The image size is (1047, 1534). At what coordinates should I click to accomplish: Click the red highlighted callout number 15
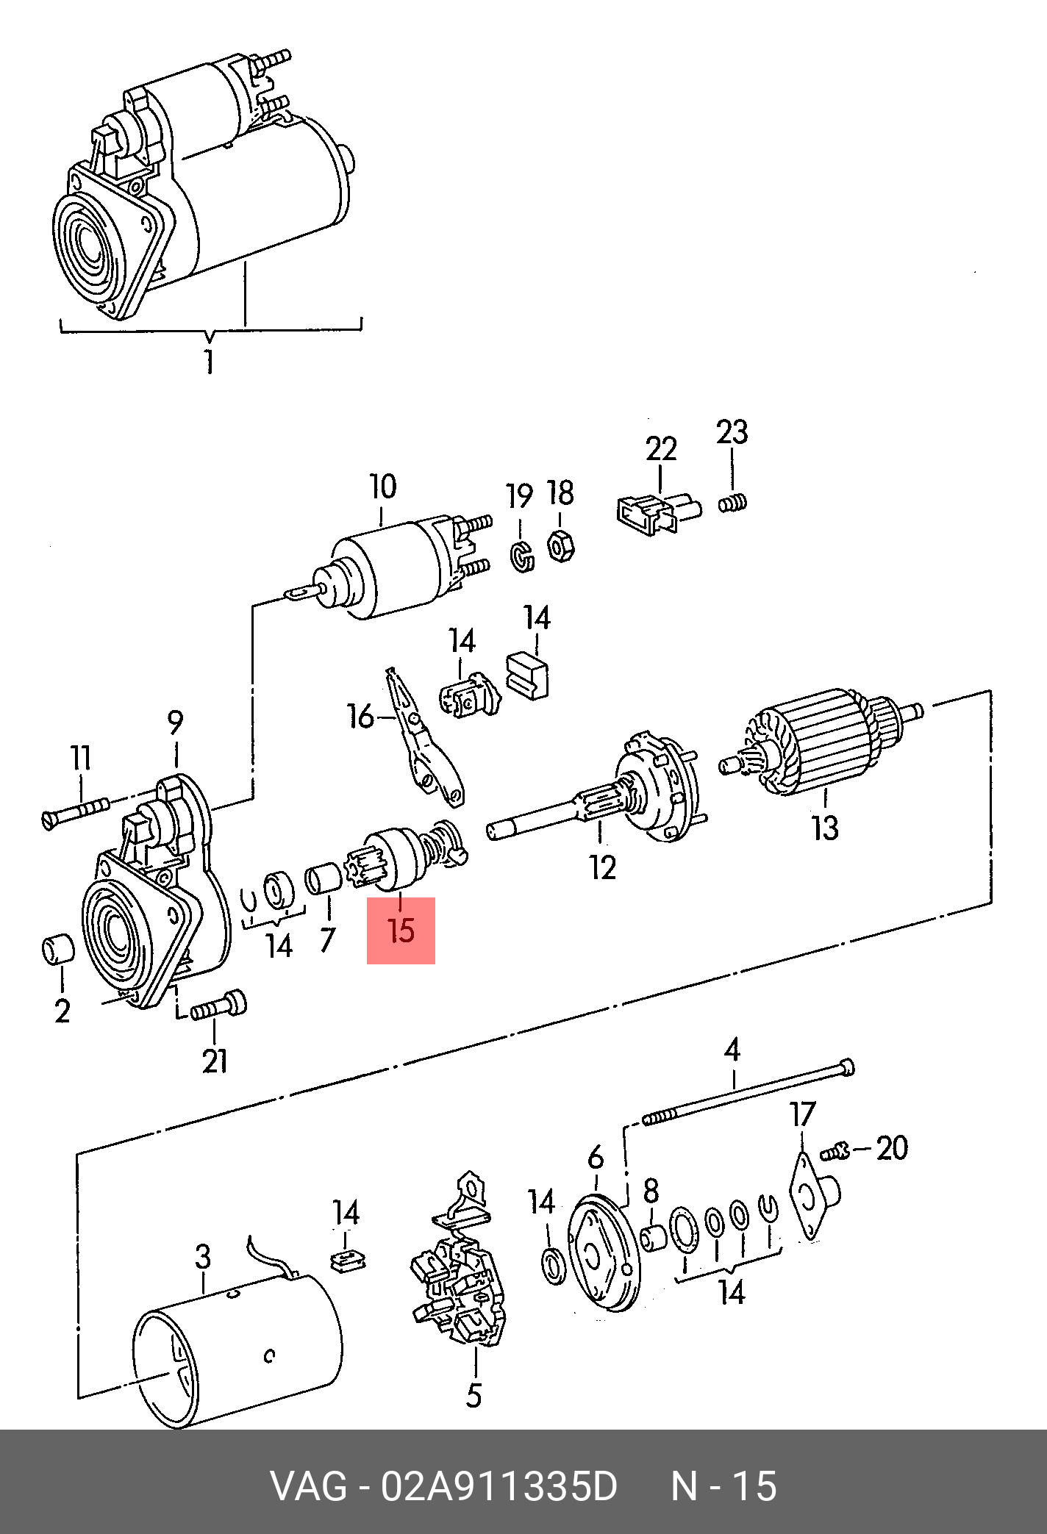401,931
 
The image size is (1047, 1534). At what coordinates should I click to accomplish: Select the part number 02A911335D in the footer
499,1486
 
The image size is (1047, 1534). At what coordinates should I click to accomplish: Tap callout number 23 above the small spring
732,433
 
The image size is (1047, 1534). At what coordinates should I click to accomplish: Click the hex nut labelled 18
560,546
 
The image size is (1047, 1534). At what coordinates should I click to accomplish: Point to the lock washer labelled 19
521,556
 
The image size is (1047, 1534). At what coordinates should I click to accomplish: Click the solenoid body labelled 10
390,570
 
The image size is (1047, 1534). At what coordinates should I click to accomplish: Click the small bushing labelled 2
58,949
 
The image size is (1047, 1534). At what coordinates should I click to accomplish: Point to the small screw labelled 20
835,1151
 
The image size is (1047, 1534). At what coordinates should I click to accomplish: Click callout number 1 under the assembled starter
210,362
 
